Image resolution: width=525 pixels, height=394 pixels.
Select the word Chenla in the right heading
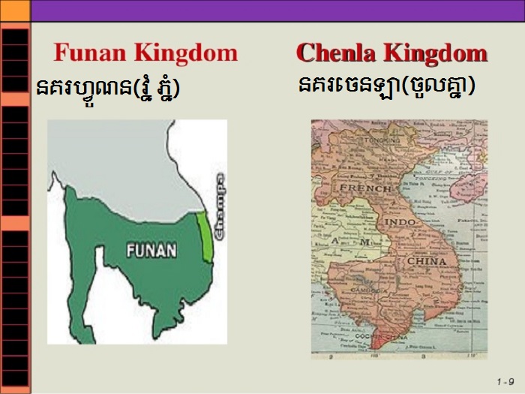[337, 53]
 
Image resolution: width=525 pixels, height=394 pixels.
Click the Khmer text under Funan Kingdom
[109, 89]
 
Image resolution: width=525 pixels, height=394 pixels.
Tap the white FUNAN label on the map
[151, 249]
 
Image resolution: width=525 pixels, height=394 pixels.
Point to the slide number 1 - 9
[505, 380]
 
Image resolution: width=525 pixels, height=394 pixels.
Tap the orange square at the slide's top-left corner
[14, 10]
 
